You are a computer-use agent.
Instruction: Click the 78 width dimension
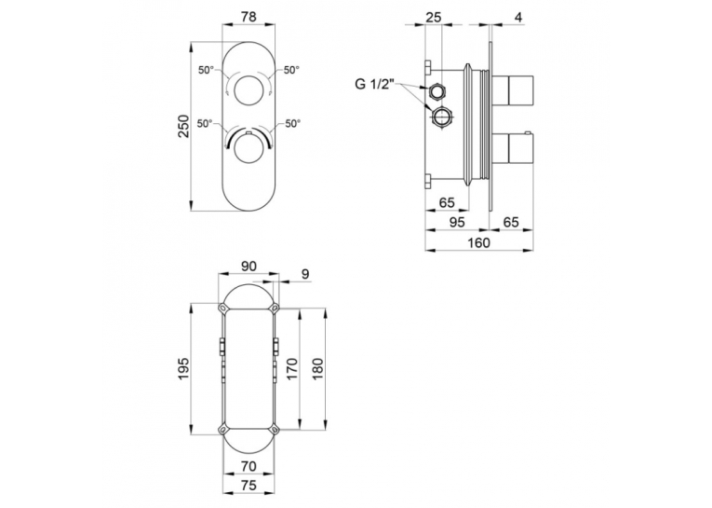point(249,17)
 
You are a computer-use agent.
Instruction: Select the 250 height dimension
point(182,127)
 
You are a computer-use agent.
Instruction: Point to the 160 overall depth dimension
point(478,242)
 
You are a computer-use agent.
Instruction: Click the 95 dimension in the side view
point(457,223)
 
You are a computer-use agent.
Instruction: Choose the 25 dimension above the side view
point(433,18)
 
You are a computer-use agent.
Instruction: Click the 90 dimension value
point(249,266)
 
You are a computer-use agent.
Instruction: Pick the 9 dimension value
point(305,274)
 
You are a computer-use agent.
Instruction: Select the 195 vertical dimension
point(182,368)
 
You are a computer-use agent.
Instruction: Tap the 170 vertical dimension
point(291,369)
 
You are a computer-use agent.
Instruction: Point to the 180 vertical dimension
point(317,369)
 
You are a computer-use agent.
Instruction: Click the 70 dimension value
point(249,466)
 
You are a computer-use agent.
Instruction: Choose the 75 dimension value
point(249,486)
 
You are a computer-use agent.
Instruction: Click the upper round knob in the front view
point(249,90)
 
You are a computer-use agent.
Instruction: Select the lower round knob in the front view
point(249,149)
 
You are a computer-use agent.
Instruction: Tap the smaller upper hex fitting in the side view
point(437,92)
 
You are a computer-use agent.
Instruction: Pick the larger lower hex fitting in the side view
point(441,117)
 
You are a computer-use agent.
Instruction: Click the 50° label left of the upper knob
point(206,70)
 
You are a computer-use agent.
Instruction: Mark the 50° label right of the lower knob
point(293,123)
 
